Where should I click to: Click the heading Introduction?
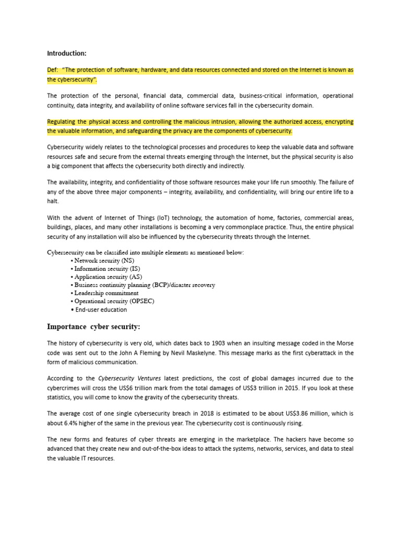66,53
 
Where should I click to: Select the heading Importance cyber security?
93,327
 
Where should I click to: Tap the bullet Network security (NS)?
104,260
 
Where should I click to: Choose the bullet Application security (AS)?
108,277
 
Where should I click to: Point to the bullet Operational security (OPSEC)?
114,301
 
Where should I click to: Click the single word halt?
53,201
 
